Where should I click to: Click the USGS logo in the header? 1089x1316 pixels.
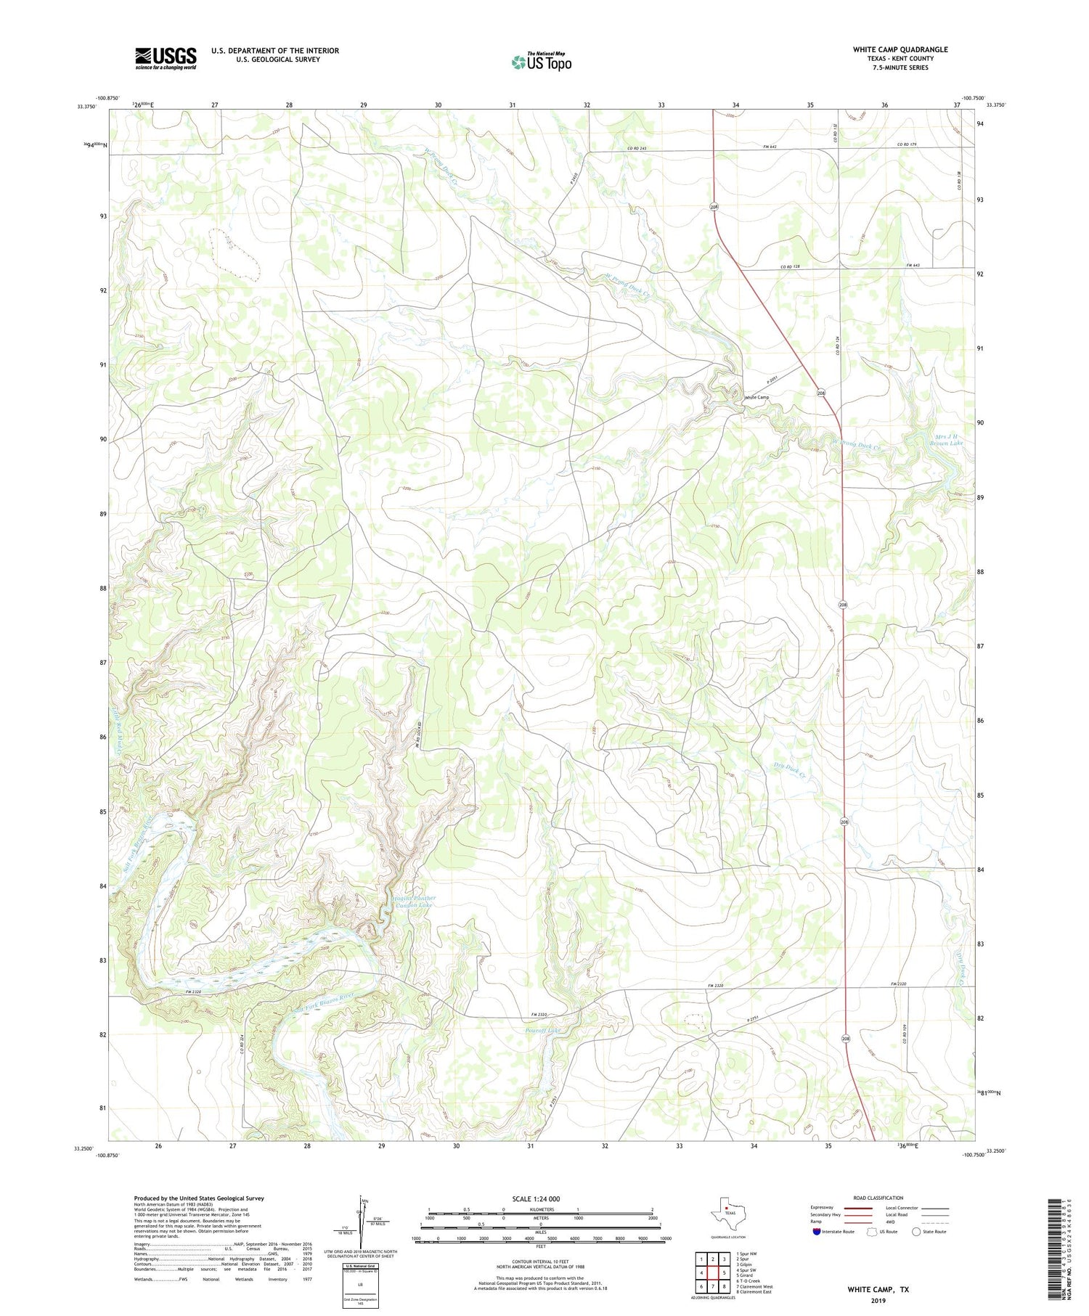[166, 58]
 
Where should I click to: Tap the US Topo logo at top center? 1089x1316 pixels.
[541, 62]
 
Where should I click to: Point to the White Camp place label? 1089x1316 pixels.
[756, 397]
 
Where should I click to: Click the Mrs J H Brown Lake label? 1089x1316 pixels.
[948, 439]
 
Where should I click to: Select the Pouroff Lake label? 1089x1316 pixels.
[544, 1030]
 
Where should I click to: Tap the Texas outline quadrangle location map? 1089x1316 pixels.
[727, 1213]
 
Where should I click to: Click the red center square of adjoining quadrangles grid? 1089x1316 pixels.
[712, 1272]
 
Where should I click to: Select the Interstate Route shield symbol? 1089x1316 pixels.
[817, 1231]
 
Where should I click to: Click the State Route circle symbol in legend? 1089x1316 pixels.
[916, 1231]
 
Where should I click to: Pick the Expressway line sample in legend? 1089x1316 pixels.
[857, 1209]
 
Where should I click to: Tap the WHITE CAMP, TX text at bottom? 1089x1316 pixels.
[878, 1289]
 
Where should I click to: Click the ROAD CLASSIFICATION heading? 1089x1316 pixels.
[878, 1198]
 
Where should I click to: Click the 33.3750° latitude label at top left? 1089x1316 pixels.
[86, 106]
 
